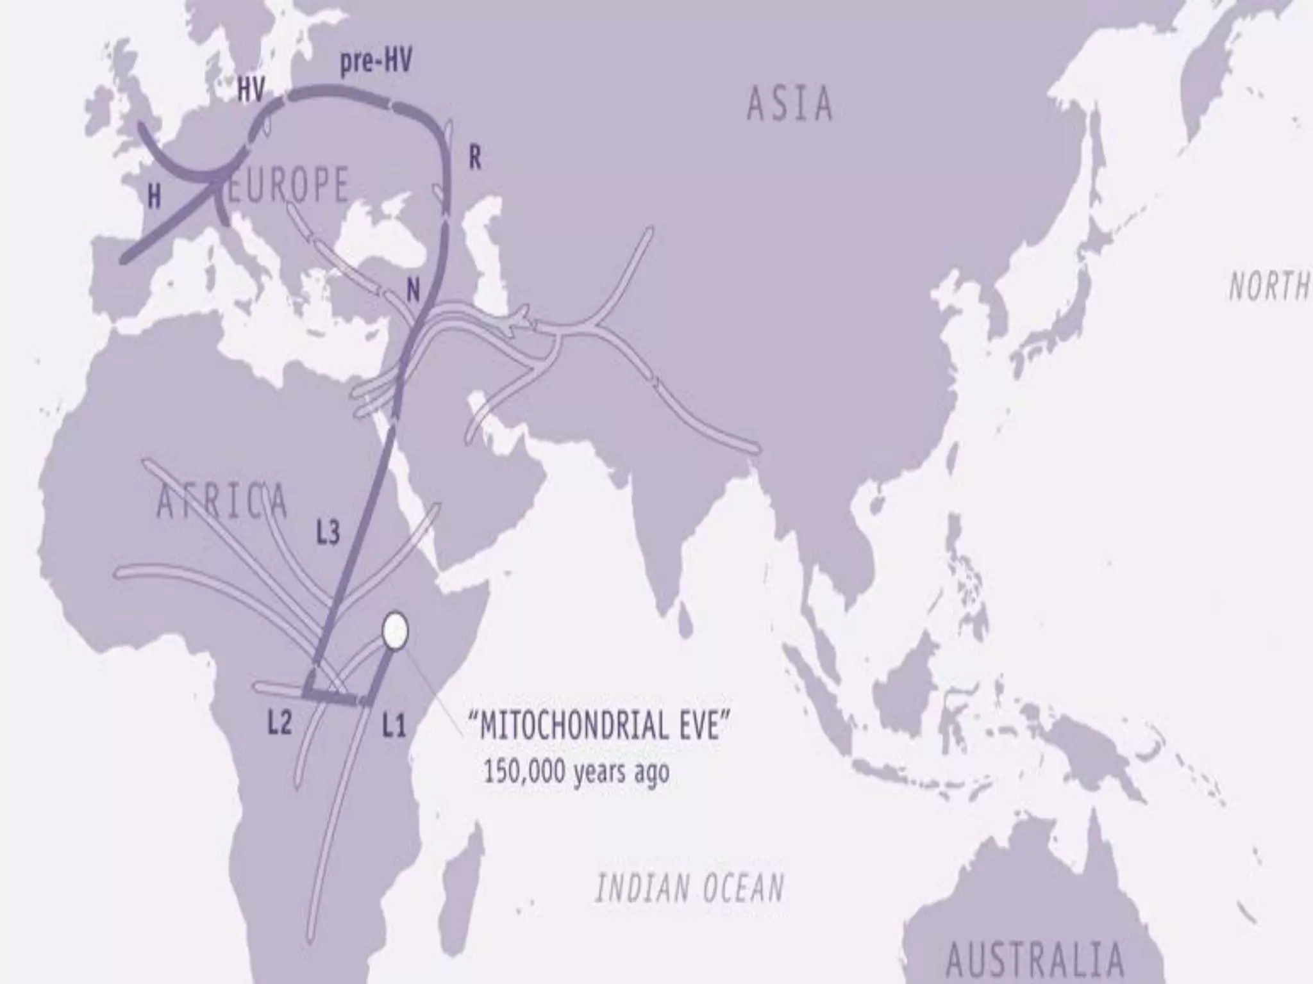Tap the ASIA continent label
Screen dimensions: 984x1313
tap(790, 104)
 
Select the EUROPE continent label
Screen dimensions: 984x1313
tap(288, 184)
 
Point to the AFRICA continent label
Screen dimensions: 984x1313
tap(222, 501)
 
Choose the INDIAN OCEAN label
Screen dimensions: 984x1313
tap(690, 889)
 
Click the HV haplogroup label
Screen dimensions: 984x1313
tap(251, 91)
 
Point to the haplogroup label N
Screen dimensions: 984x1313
tap(414, 292)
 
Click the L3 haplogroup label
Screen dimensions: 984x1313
tap(328, 532)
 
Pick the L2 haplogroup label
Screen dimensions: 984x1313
tap(280, 723)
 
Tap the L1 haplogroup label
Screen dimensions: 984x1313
tap(394, 726)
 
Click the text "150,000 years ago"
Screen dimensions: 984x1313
tap(575, 772)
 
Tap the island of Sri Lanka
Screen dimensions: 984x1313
tap(685, 618)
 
